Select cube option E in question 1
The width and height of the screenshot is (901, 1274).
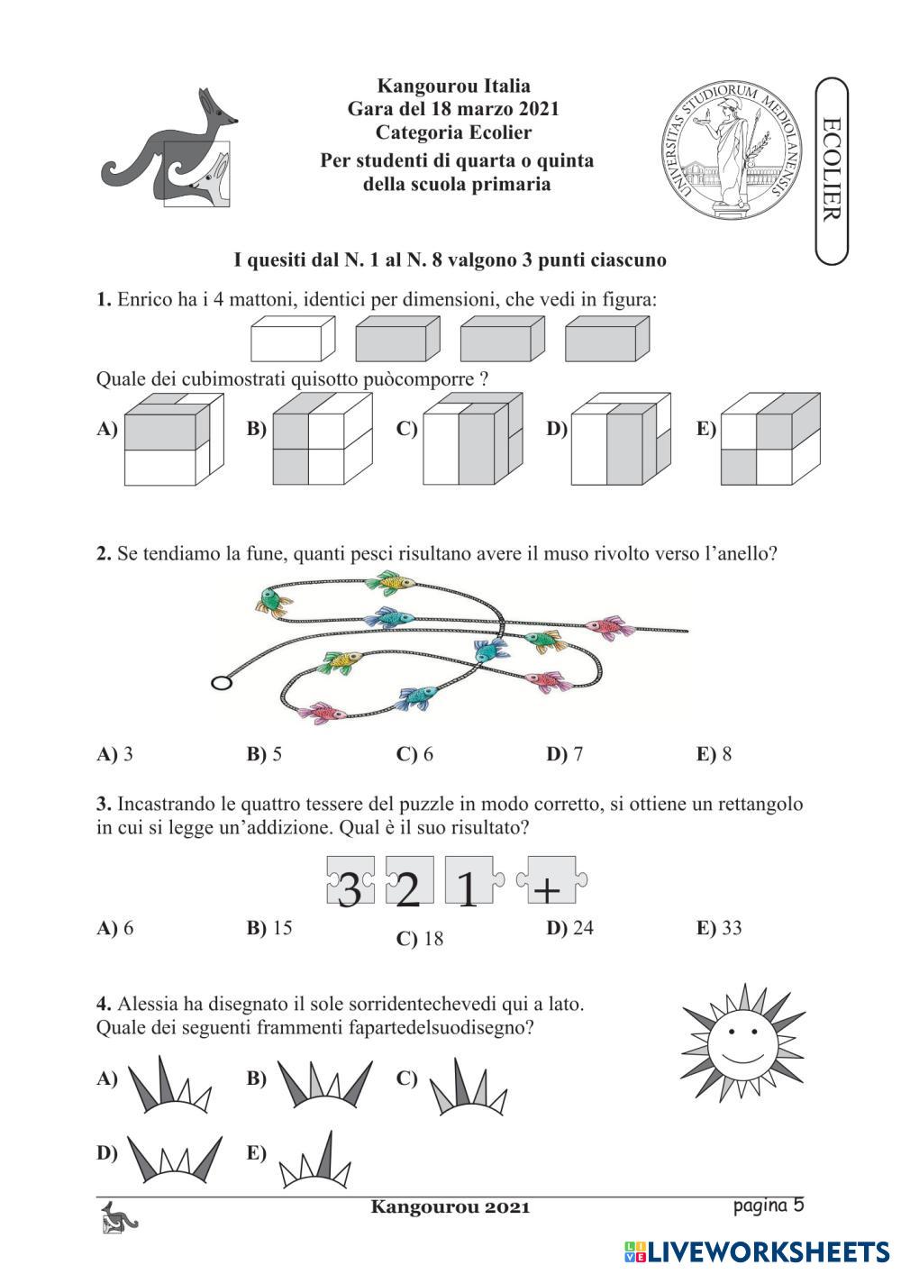pyautogui.click(x=769, y=439)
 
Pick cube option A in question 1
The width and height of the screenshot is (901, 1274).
pyautogui.click(x=171, y=440)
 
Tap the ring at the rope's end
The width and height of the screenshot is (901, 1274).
pyautogui.click(x=221, y=682)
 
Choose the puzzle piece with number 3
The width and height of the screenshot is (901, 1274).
pyautogui.click(x=350, y=881)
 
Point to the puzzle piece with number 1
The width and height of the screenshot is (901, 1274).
pyautogui.click(x=469, y=881)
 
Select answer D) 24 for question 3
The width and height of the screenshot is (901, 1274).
pyautogui.click(x=570, y=928)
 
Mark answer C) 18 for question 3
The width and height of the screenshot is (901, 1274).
pyautogui.click(x=421, y=939)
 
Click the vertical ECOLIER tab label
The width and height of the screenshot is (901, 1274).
pyautogui.click(x=832, y=169)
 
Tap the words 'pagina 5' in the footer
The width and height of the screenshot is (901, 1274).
pyautogui.click(x=768, y=1206)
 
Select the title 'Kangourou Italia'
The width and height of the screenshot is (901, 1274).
pyautogui.click(x=453, y=86)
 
